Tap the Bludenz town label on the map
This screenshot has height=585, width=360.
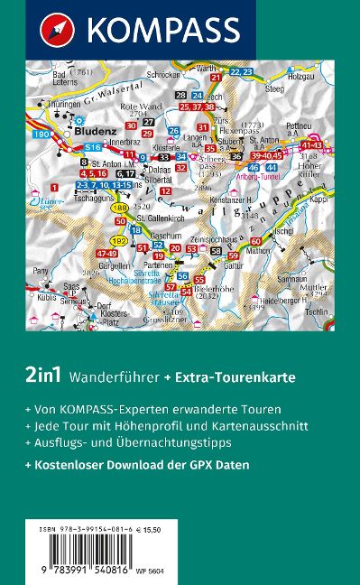[x=102, y=130]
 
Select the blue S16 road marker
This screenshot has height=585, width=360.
[x=91, y=146]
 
